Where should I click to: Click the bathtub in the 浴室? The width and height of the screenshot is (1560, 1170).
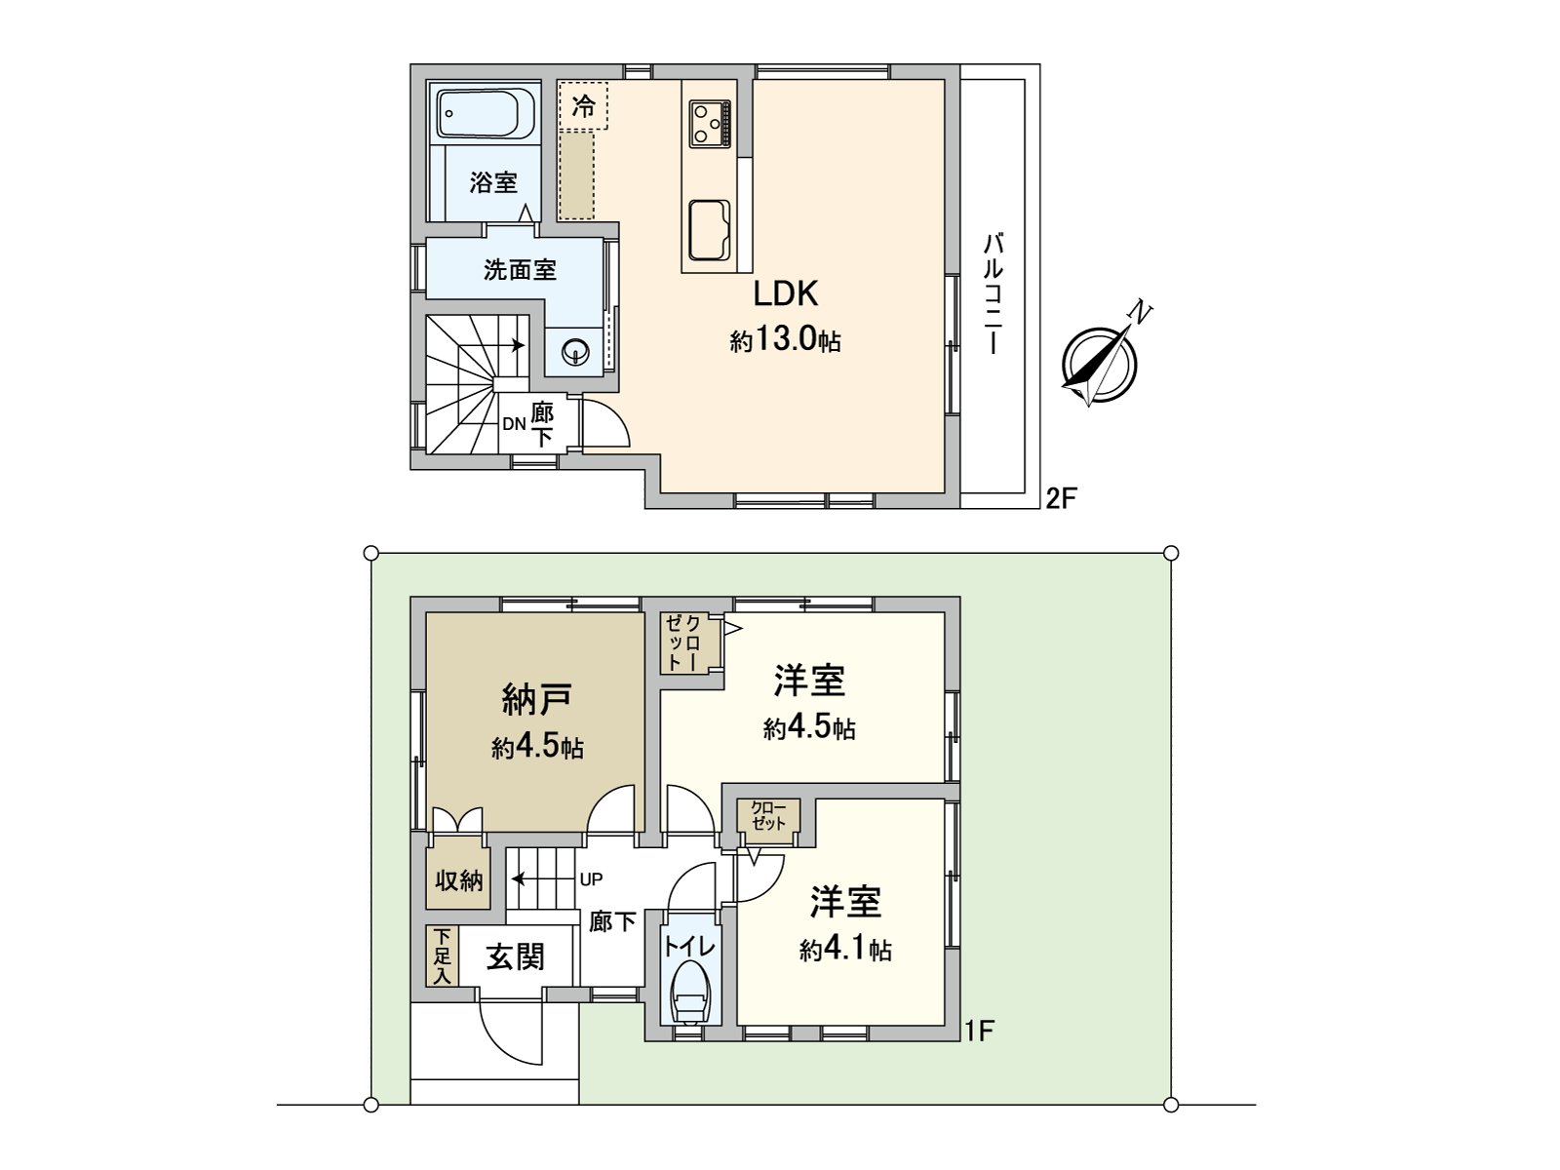coord(485,114)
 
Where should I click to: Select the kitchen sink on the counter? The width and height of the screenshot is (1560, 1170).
coord(710,229)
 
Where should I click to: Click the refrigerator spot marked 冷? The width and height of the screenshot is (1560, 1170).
coord(583,105)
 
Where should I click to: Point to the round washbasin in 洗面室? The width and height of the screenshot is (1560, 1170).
coord(575,352)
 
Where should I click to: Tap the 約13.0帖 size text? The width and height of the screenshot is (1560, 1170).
coord(785,341)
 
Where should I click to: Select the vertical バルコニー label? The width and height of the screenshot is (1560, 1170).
coord(994,292)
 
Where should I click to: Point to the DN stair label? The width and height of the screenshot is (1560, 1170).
coord(514,424)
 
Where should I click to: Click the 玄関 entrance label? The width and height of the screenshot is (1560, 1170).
coord(515,957)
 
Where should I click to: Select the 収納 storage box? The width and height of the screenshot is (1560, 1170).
coord(458,880)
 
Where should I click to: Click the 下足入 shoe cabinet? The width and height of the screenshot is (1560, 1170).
coord(442,956)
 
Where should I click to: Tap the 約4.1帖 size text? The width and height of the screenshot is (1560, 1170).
coord(844,950)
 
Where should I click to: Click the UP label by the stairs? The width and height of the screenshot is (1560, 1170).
coord(591,878)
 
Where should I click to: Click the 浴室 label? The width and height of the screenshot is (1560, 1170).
coord(492,182)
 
